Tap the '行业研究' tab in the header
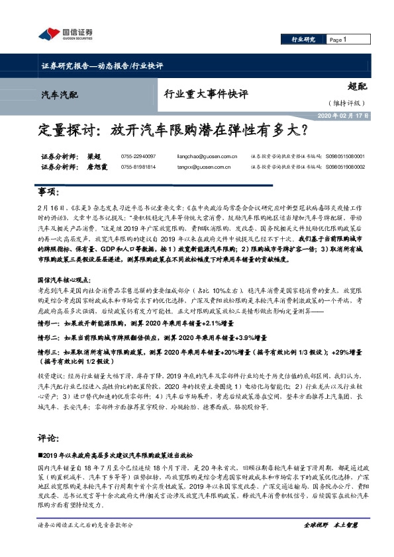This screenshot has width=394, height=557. (x=304, y=40)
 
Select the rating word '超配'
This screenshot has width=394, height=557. (x=357, y=85)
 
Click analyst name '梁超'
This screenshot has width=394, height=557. (x=92, y=157)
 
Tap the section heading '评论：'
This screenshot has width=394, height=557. (x=50, y=419)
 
